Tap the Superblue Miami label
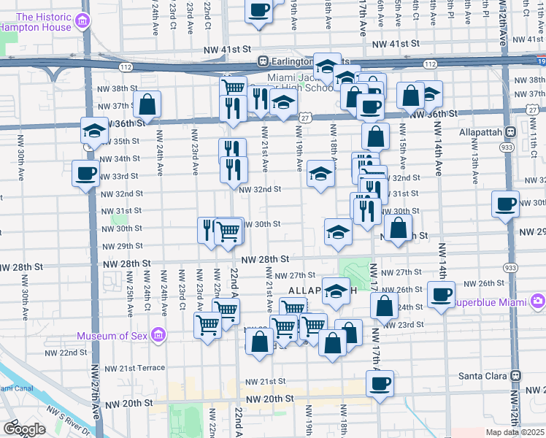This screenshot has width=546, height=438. tap(491, 301)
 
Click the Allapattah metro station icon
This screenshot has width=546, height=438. tap(511, 131)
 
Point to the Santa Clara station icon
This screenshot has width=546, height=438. tap(516, 375)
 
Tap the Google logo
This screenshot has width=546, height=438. tap(24, 429)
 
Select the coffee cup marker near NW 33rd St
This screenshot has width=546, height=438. tap(86, 174)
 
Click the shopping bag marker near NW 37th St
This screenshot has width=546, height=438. tap(147, 104)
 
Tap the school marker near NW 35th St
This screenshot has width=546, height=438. tap(93, 131)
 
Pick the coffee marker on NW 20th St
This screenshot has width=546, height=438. tap(380, 383)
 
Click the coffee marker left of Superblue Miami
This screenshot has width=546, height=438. tap(440, 294)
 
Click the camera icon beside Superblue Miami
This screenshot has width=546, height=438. tap(538, 301)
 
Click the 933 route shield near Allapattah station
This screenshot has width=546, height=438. tap(504, 147)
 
